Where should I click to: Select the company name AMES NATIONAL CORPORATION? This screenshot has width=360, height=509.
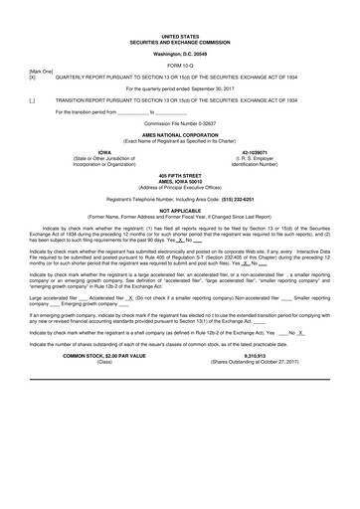click(180, 135)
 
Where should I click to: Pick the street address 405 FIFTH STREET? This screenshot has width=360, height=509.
click(180, 176)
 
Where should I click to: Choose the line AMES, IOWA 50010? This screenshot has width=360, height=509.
click(180, 182)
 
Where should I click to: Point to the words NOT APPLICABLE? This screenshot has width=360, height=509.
click(180, 212)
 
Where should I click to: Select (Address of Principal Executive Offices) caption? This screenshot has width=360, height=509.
click(180, 188)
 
